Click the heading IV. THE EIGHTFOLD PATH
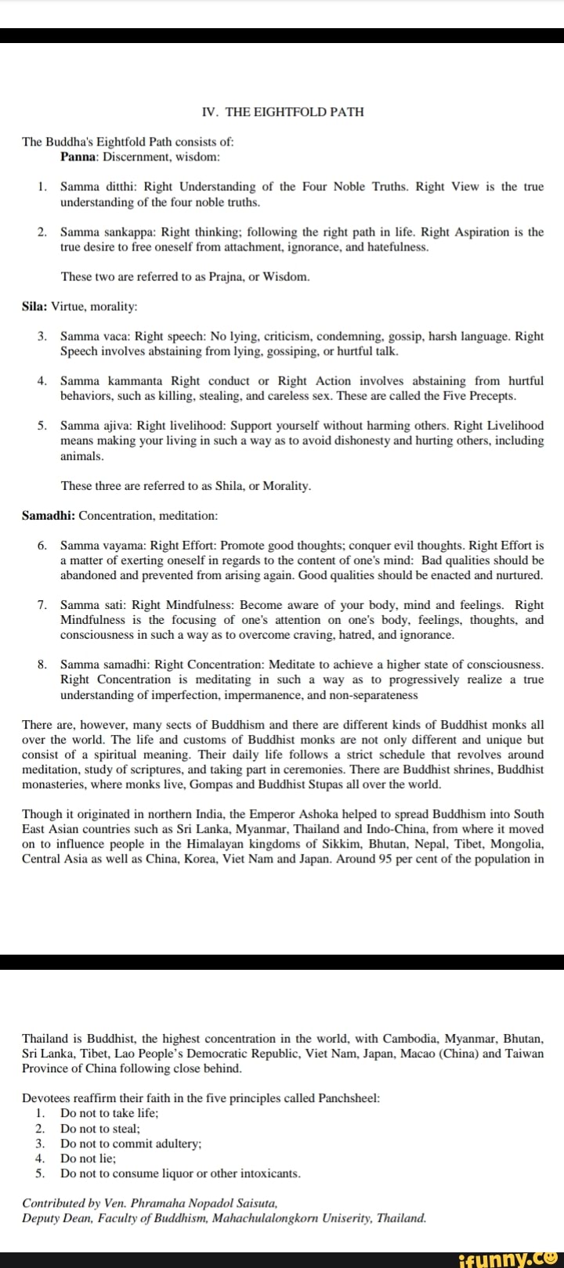282,112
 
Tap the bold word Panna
78,157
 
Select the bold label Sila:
35,306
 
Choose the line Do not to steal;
100,1129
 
